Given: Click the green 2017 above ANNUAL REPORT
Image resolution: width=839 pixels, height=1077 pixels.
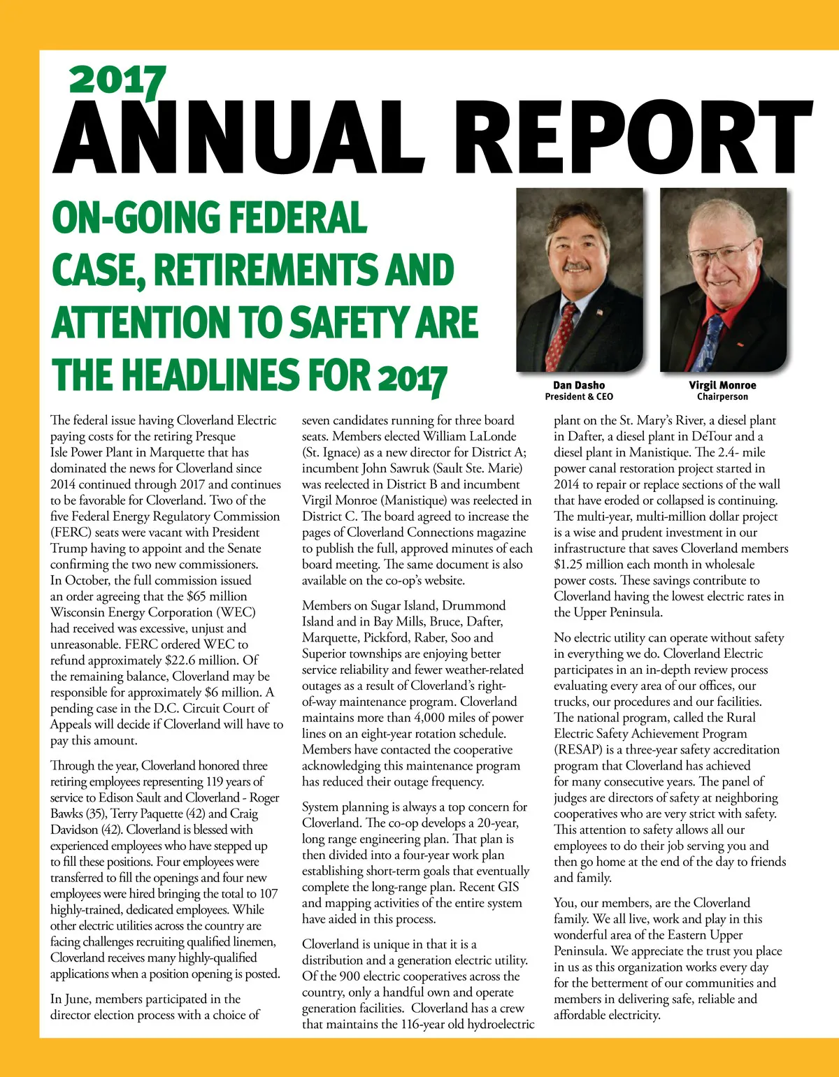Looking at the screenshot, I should (117, 80).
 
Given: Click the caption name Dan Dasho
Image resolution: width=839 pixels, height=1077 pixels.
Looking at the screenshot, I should (579, 385).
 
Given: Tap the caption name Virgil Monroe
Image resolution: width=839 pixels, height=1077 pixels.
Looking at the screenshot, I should (722, 385).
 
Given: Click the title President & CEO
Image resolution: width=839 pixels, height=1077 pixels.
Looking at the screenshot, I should (579, 397).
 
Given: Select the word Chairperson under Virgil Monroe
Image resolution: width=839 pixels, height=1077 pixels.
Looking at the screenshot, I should (722, 397).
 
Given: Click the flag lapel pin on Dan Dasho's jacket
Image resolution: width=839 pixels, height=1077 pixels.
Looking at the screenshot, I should (599, 312).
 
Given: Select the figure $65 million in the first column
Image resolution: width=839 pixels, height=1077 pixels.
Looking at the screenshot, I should (217, 596).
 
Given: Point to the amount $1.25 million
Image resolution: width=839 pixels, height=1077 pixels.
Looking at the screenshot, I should (584, 564).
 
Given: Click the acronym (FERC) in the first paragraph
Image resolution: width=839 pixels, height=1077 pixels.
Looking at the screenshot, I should (71, 532).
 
